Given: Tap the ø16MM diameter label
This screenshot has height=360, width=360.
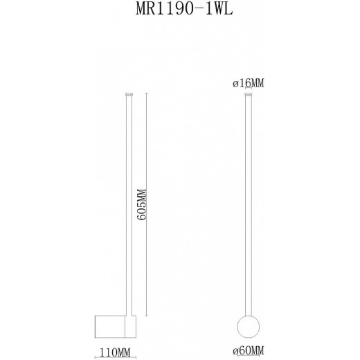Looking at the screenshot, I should (x=249, y=83).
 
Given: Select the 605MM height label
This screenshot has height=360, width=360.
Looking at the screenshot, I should (x=141, y=205).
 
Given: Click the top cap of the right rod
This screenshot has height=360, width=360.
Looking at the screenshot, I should (x=249, y=93).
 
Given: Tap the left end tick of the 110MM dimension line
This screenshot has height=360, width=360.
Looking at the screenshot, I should (x=96, y=357).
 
